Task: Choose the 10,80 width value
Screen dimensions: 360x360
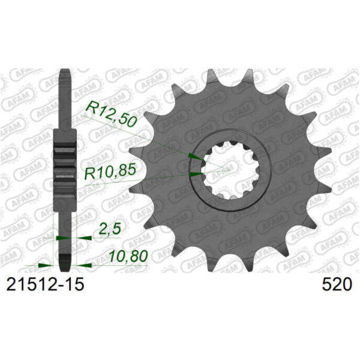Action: click(x=129, y=256)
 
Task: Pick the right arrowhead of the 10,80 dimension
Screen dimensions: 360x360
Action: click(x=83, y=264)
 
